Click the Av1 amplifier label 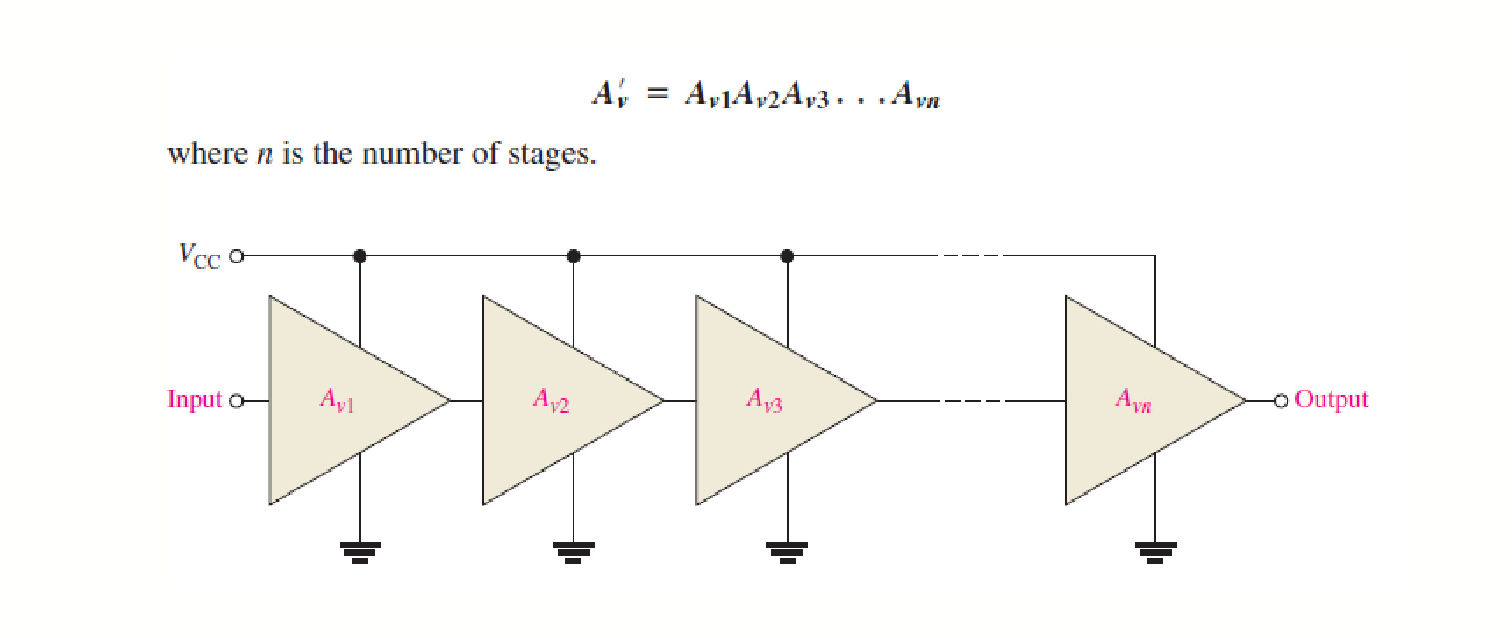pyautogui.click(x=337, y=400)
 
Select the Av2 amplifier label pyautogui.click(x=551, y=400)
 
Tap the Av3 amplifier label pyautogui.click(x=764, y=400)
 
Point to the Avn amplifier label pyautogui.click(x=1133, y=400)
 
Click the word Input pyautogui.click(x=195, y=399)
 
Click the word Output pyautogui.click(x=1331, y=399)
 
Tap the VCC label pyautogui.click(x=200, y=255)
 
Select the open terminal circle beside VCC pyautogui.click(x=237, y=256)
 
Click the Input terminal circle pyautogui.click(x=237, y=401)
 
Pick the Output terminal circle pyautogui.click(x=1281, y=401)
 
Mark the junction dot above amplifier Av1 pyautogui.click(x=360, y=256)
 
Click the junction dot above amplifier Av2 pyautogui.click(x=573, y=256)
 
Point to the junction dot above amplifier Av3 pyautogui.click(x=787, y=256)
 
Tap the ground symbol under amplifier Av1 pyautogui.click(x=360, y=553)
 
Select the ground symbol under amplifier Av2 pyautogui.click(x=573, y=553)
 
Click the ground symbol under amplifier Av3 pyautogui.click(x=787, y=553)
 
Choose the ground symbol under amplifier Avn pyautogui.click(x=1156, y=553)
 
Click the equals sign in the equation pyautogui.click(x=658, y=93)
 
